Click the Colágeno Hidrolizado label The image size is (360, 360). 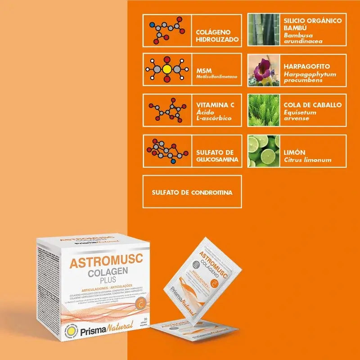tap(214, 36)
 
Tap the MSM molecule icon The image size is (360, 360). tap(167, 70)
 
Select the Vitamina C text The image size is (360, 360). tap(213, 105)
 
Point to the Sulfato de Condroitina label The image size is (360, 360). tap(192, 192)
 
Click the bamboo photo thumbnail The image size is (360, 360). tap(263, 30)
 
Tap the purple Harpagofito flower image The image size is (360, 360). tap(263, 70)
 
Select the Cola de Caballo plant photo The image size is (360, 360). tap(263, 110)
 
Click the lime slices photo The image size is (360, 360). tap(263, 151)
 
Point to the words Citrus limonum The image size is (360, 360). tap(307, 160)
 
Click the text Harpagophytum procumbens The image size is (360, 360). tap(310, 77)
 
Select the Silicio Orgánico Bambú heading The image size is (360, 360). tap(312, 24)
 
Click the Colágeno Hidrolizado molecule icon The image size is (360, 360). tap(167, 30)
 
